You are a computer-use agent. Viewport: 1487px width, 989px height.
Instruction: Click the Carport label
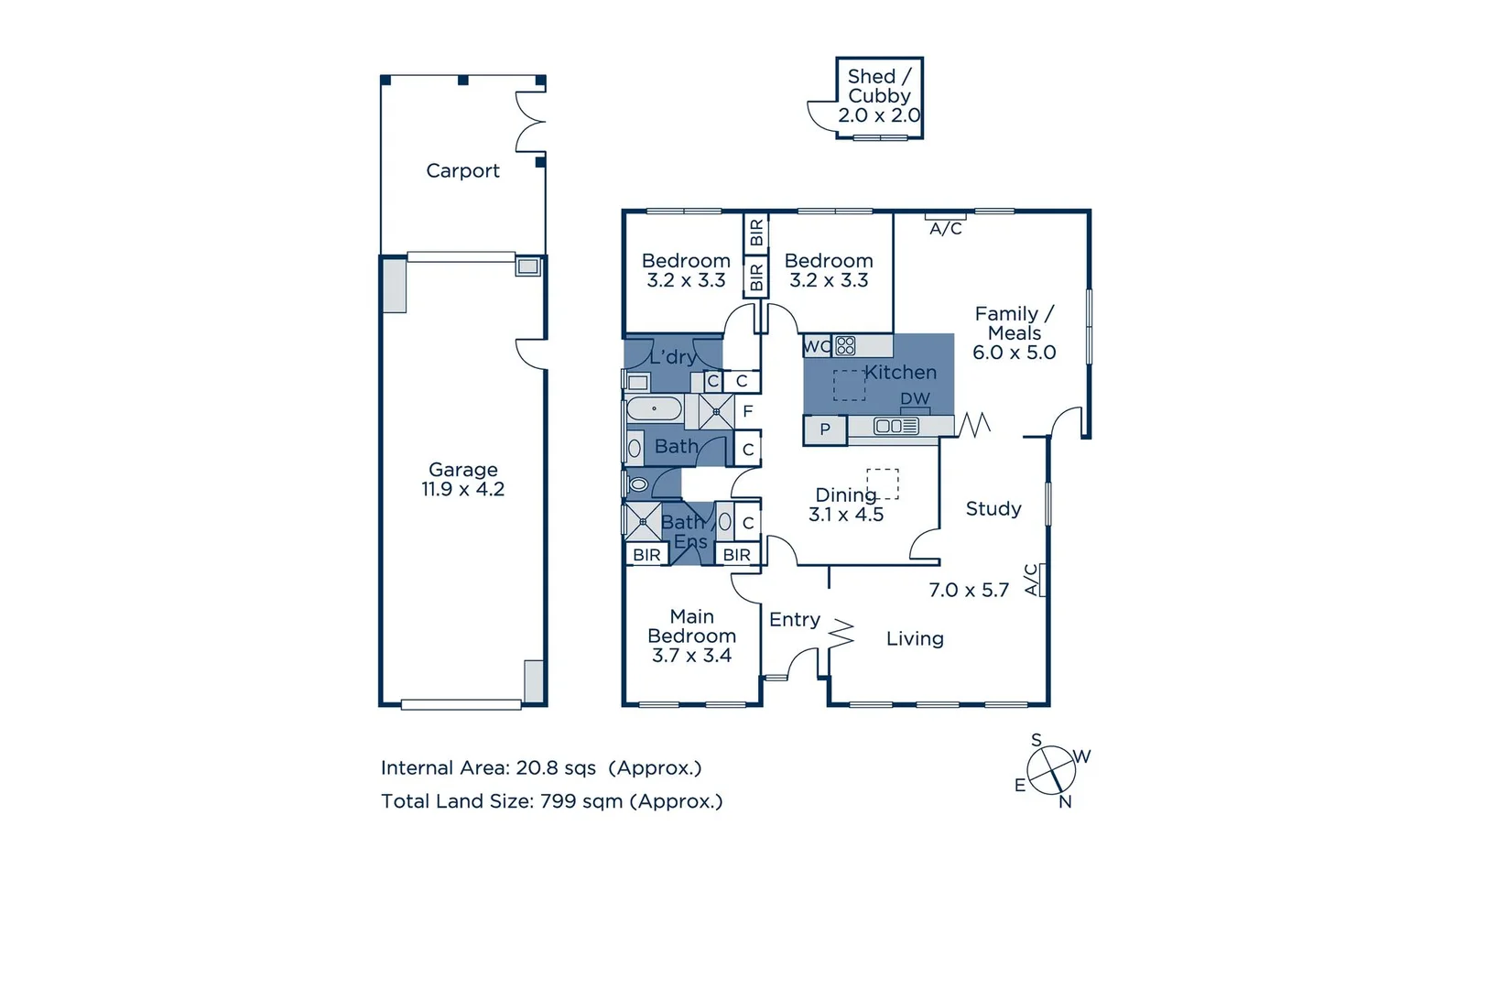click(462, 171)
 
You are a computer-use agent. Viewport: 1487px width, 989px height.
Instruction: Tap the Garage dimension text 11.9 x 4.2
click(462, 490)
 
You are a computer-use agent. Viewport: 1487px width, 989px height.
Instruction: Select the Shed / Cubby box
click(879, 97)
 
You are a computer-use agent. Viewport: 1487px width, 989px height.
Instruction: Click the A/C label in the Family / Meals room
click(946, 229)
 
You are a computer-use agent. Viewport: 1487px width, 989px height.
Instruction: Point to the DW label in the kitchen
click(915, 399)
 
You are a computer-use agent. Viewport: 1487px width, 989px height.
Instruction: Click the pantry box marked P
click(825, 429)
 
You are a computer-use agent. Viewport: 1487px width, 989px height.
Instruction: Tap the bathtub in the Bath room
click(654, 408)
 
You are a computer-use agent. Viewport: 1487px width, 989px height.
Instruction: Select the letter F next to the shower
click(748, 412)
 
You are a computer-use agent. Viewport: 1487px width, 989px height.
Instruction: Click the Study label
click(993, 509)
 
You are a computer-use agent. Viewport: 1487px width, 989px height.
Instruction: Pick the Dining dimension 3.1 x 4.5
click(846, 516)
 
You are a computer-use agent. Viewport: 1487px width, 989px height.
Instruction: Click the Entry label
click(795, 620)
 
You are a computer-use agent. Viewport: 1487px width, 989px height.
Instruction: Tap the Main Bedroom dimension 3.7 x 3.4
click(691, 656)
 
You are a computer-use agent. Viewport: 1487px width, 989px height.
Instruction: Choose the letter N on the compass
click(1065, 802)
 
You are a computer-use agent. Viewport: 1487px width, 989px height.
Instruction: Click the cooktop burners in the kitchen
click(846, 346)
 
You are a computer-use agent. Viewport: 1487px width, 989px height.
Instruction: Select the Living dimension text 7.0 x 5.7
click(969, 591)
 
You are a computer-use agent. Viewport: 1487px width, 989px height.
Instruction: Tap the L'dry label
click(673, 357)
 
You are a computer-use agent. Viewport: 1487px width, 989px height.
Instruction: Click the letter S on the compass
click(1037, 740)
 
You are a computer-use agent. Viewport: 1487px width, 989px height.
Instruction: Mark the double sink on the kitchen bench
click(889, 426)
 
